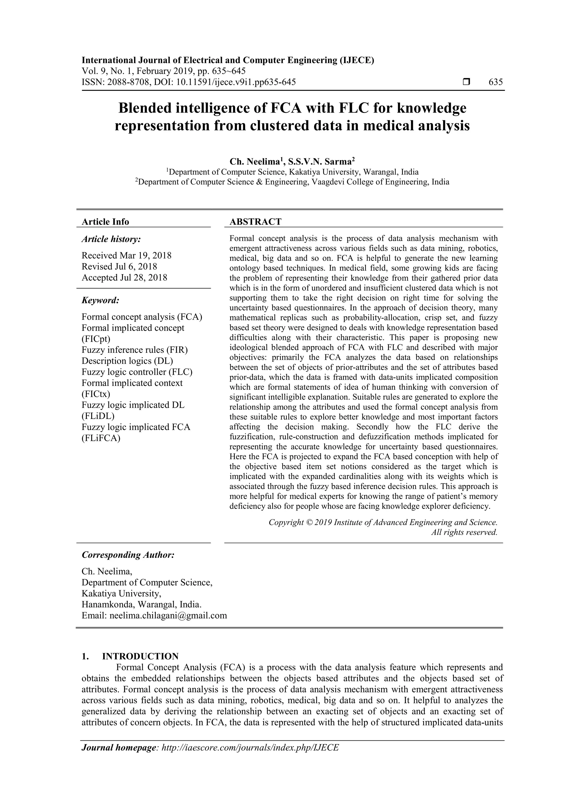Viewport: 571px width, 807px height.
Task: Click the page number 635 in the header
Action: [496, 82]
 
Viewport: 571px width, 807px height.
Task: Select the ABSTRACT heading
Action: [255, 222]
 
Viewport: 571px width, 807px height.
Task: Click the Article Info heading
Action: [105, 222]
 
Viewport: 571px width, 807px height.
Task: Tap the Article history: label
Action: [111, 239]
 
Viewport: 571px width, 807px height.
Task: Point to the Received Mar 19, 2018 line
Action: [126, 256]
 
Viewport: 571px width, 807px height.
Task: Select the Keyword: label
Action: [101, 300]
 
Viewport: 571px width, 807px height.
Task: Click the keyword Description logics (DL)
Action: [127, 361]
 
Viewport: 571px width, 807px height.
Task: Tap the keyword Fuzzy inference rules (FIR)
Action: [135, 350]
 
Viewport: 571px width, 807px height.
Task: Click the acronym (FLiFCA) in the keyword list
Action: [101, 438]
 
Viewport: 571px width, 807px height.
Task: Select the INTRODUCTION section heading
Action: [140, 656]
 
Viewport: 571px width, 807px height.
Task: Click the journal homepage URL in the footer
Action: [250, 748]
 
